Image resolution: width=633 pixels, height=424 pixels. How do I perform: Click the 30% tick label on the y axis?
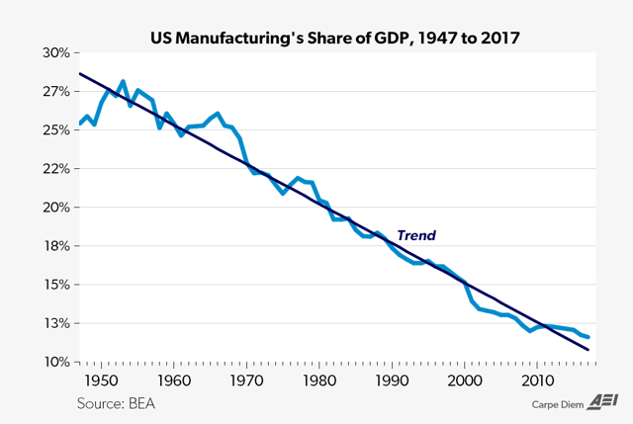(55, 52)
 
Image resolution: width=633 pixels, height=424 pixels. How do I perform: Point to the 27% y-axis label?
(55, 91)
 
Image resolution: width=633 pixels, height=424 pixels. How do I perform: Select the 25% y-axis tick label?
(55, 129)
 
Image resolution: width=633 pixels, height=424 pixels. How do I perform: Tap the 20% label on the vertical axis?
(55, 208)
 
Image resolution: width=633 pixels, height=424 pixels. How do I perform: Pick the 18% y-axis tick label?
(55, 246)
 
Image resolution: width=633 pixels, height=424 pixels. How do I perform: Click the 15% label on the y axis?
(55, 285)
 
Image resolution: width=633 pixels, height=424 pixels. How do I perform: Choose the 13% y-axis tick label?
(55, 323)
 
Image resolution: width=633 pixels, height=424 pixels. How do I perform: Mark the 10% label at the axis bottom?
(55, 362)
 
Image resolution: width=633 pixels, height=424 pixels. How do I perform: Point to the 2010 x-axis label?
(537, 381)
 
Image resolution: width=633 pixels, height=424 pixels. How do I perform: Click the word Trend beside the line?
(416, 236)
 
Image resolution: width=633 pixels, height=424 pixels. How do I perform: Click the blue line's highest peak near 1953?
(123, 81)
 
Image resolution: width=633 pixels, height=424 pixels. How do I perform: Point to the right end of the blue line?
(588, 338)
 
